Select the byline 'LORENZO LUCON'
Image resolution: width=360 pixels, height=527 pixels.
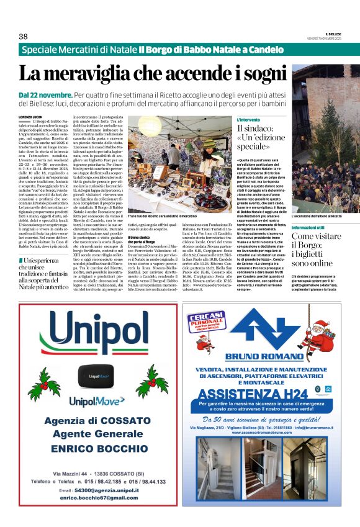point(33,116)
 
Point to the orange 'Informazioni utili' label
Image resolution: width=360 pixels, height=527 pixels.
point(311,228)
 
